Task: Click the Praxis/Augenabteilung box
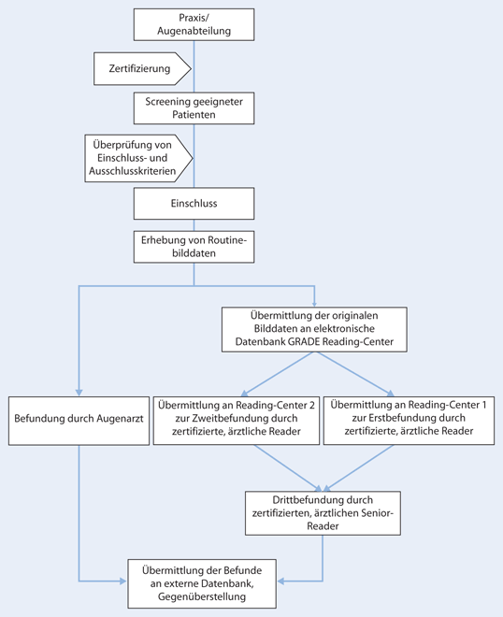point(194,24)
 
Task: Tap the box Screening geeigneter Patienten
point(194,108)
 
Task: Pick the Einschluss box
point(194,201)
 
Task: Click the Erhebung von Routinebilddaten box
point(194,245)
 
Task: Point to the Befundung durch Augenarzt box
point(79,418)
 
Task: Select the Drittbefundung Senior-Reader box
point(323,511)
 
